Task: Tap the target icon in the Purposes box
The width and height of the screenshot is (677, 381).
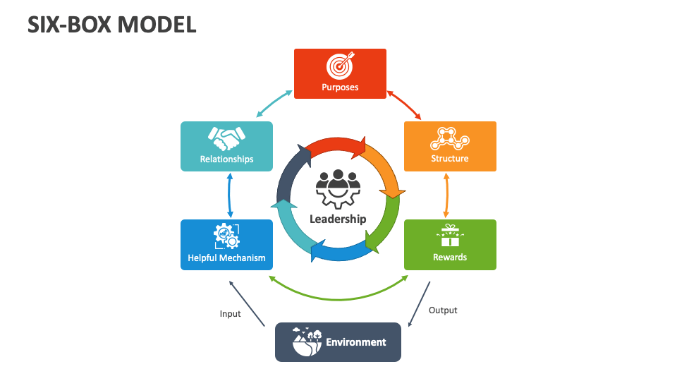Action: pos(340,66)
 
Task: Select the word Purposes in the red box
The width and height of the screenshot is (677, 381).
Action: pos(340,87)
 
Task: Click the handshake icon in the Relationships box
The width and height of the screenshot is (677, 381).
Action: pos(226,138)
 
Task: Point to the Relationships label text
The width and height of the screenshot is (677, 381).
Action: pos(226,159)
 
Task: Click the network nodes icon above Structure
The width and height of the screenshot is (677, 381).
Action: pos(450,138)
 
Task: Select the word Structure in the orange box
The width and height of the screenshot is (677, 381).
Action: pos(450,159)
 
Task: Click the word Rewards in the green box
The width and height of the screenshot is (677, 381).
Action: pos(450,258)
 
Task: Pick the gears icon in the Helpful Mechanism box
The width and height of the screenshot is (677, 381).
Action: pos(226,236)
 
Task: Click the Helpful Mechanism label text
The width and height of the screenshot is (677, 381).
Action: pos(226,258)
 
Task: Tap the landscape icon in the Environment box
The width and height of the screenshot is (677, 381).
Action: pos(307,341)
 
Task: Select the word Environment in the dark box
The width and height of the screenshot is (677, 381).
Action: pos(355,342)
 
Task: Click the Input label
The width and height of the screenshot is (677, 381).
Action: pos(230,314)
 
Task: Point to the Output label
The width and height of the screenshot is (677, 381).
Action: pos(443,310)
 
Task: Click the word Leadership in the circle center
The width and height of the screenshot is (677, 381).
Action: pos(338,219)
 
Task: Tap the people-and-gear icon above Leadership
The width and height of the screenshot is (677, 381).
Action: pos(338,188)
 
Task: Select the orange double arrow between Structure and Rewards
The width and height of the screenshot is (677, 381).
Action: pos(446,195)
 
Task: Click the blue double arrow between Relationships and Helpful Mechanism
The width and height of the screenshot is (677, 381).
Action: pos(230,195)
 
